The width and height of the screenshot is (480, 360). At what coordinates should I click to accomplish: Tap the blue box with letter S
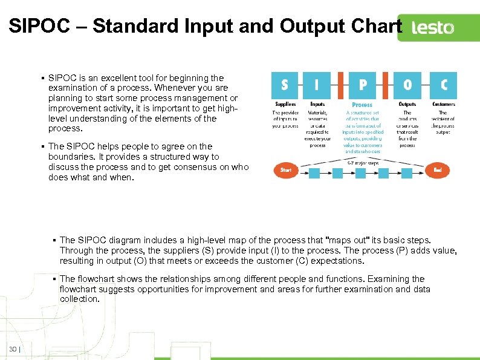[285, 85]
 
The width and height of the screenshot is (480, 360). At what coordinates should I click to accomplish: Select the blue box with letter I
[317, 85]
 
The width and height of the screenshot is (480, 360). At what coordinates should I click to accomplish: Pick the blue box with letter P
[362, 85]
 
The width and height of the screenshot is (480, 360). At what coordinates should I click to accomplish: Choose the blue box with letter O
[407, 85]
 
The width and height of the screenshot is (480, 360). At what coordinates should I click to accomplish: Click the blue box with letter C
[443, 85]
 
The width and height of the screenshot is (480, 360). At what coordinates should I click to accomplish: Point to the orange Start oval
[286, 170]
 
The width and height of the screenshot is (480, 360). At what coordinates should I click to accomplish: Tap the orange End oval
[438, 171]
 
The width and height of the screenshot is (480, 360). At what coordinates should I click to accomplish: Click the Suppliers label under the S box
[285, 104]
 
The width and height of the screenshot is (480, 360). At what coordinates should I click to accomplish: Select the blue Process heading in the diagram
[362, 105]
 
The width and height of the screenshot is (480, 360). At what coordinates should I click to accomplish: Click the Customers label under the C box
[443, 104]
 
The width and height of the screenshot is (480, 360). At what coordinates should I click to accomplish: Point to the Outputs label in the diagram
[407, 104]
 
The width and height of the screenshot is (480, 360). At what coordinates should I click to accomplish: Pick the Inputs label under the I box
[317, 104]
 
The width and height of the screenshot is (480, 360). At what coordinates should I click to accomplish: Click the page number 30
[13, 349]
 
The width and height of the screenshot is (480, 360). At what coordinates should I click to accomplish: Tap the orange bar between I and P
[340, 85]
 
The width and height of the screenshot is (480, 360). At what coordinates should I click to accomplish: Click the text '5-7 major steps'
[363, 162]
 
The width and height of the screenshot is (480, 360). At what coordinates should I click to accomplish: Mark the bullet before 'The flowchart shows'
[54, 279]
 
